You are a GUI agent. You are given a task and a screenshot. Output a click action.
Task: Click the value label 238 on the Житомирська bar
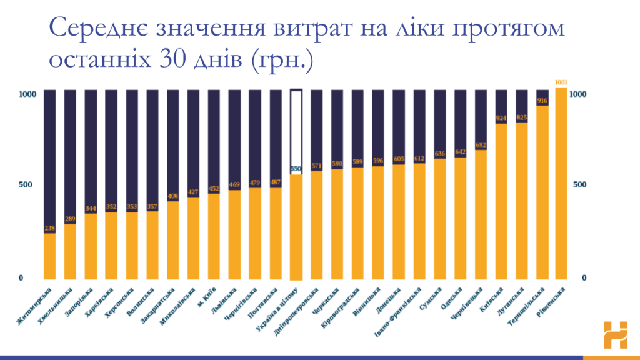point(49,228)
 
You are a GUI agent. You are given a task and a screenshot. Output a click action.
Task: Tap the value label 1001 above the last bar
point(562,82)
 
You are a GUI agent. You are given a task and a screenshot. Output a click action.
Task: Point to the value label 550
point(296,169)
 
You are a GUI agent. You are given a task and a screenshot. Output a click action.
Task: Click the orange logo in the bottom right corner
point(615,335)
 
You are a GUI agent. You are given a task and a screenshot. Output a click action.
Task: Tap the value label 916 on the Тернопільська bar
point(542,101)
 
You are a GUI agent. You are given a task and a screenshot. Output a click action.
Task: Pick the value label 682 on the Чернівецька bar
point(481,145)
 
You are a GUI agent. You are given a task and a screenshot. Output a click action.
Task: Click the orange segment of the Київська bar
point(501,200)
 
